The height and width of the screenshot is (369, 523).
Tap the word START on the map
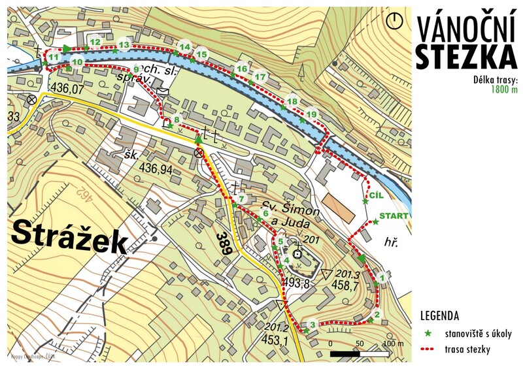[394, 216]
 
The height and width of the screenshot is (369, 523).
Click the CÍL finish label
[376, 195]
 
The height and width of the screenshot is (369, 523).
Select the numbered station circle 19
[312, 114]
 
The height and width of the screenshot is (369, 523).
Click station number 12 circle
[95, 42]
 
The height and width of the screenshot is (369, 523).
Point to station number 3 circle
[313, 325]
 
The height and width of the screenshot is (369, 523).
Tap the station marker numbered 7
[241, 199]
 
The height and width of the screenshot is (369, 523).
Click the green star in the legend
[428, 333]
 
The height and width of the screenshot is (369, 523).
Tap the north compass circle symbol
[394, 20]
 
